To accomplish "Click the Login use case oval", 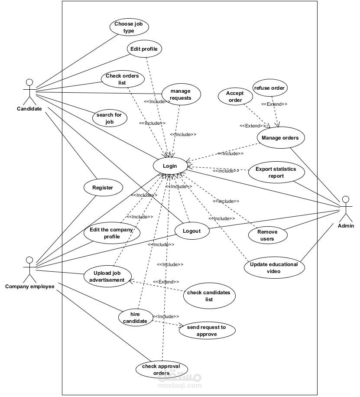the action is click(x=170, y=166).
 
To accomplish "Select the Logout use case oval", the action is click(x=192, y=231).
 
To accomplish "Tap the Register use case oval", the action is click(x=103, y=188).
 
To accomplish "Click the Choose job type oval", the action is click(x=129, y=27).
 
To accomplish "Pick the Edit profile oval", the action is click(x=144, y=49).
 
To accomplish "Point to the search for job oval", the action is click(x=110, y=118).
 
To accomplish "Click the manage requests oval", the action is click(x=181, y=94).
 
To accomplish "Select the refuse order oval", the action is click(x=270, y=88).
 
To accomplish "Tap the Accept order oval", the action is click(x=235, y=97).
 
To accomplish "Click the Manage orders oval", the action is click(x=281, y=138).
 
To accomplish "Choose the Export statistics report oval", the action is click(x=276, y=172).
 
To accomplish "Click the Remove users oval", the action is click(x=268, y=235).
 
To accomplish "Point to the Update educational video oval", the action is click(x=274, y=267).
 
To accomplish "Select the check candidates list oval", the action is click(x=209, y=296).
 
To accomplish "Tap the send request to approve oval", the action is click(x=207, y=330).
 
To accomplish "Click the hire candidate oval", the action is click(x=136, y=318).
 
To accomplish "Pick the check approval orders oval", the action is click(x=162, y=370).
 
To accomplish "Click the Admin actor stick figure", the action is click(x=346, y=208).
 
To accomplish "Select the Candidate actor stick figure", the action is click(x=29, y=92).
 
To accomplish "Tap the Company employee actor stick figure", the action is click(x=29, y=270).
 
